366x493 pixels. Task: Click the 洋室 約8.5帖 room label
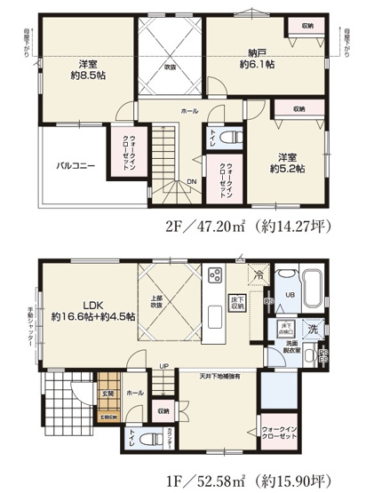[87, 70]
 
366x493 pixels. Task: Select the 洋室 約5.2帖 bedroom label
[288, 161]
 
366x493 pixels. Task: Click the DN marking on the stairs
[191, 181]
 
